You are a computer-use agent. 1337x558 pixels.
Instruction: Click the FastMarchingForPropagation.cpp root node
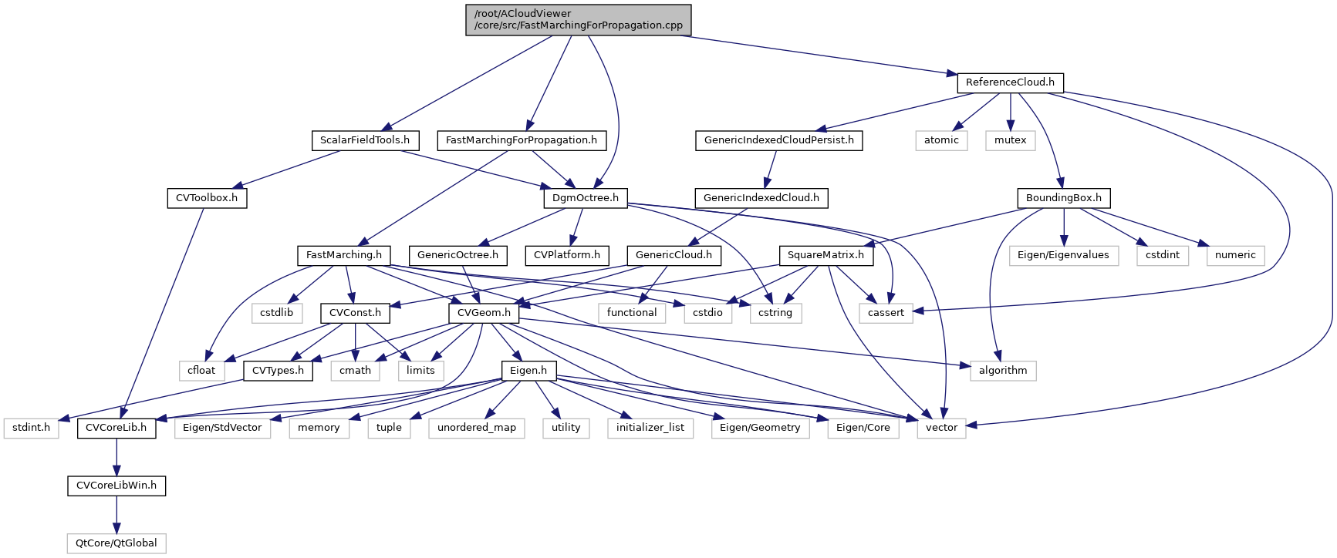pos(578,19)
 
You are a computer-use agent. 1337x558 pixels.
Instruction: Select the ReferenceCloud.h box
pos(1010,82)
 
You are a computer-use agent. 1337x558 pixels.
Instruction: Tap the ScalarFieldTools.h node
pos(365,140)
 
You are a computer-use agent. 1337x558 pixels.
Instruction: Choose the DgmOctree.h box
pos(586,198)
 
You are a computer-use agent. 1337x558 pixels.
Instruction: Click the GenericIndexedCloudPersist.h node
pos(778,140)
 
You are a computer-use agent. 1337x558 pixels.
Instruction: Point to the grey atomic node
pos(941,140)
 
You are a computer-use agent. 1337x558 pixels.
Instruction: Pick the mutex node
pos(1010,140)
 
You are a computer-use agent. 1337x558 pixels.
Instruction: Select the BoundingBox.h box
pos(1063,198)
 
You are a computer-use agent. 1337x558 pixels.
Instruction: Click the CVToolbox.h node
pos(207,198)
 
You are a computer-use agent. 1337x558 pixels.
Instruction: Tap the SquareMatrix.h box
pos(825,255)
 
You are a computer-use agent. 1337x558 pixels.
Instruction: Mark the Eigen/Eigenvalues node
pos(1063,255)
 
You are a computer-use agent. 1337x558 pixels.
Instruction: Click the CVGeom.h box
pos(484,313)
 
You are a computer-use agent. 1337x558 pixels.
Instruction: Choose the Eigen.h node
pos(528,371)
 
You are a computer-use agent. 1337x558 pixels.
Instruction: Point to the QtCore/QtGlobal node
pos(116,543)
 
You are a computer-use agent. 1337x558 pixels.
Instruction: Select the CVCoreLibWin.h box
pos(116,486)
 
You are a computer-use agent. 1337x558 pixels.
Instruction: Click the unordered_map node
pos(477,428)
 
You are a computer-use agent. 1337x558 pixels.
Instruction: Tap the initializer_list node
pos(650,428)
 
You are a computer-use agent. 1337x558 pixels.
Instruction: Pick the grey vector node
pos(941,428)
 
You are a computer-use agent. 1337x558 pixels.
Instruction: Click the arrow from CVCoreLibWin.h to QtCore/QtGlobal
pos(116,514)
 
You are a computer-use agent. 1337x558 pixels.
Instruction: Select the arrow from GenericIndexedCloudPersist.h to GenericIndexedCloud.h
pos(771,169)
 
